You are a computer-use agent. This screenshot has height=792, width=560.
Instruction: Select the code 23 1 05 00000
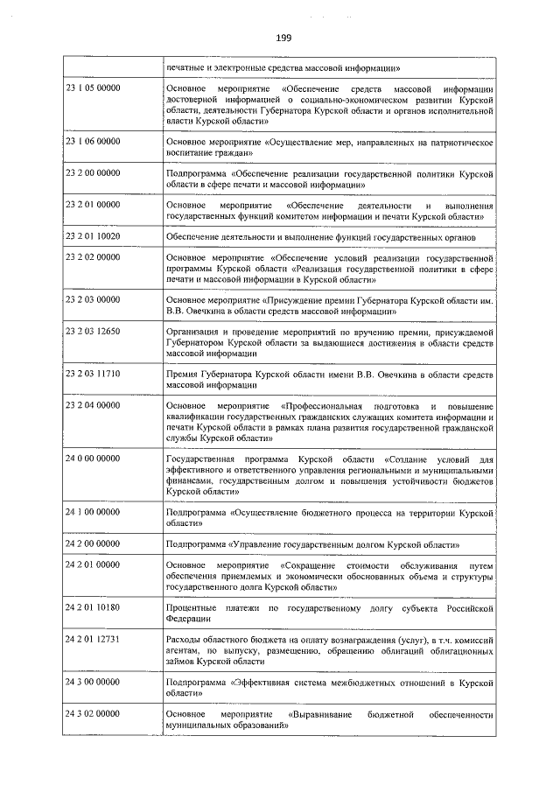(x=93, y=89)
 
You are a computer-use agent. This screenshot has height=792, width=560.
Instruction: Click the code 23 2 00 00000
(x=93, y=174)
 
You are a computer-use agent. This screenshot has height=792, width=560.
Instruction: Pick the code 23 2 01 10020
(x=93, y=237)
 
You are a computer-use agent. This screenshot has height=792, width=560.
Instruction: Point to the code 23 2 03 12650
(x=93, y=333)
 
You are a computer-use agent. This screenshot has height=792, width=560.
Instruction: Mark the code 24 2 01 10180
(x=93, y=606)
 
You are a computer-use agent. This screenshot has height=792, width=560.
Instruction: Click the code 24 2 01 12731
(x=93, y=640)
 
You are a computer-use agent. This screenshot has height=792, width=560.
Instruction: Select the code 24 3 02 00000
(x=93, y=715)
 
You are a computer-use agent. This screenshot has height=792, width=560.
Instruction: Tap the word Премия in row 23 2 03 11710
(x=181, y=374)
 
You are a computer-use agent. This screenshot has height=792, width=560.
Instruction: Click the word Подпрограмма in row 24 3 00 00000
(x=194, y=681)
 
